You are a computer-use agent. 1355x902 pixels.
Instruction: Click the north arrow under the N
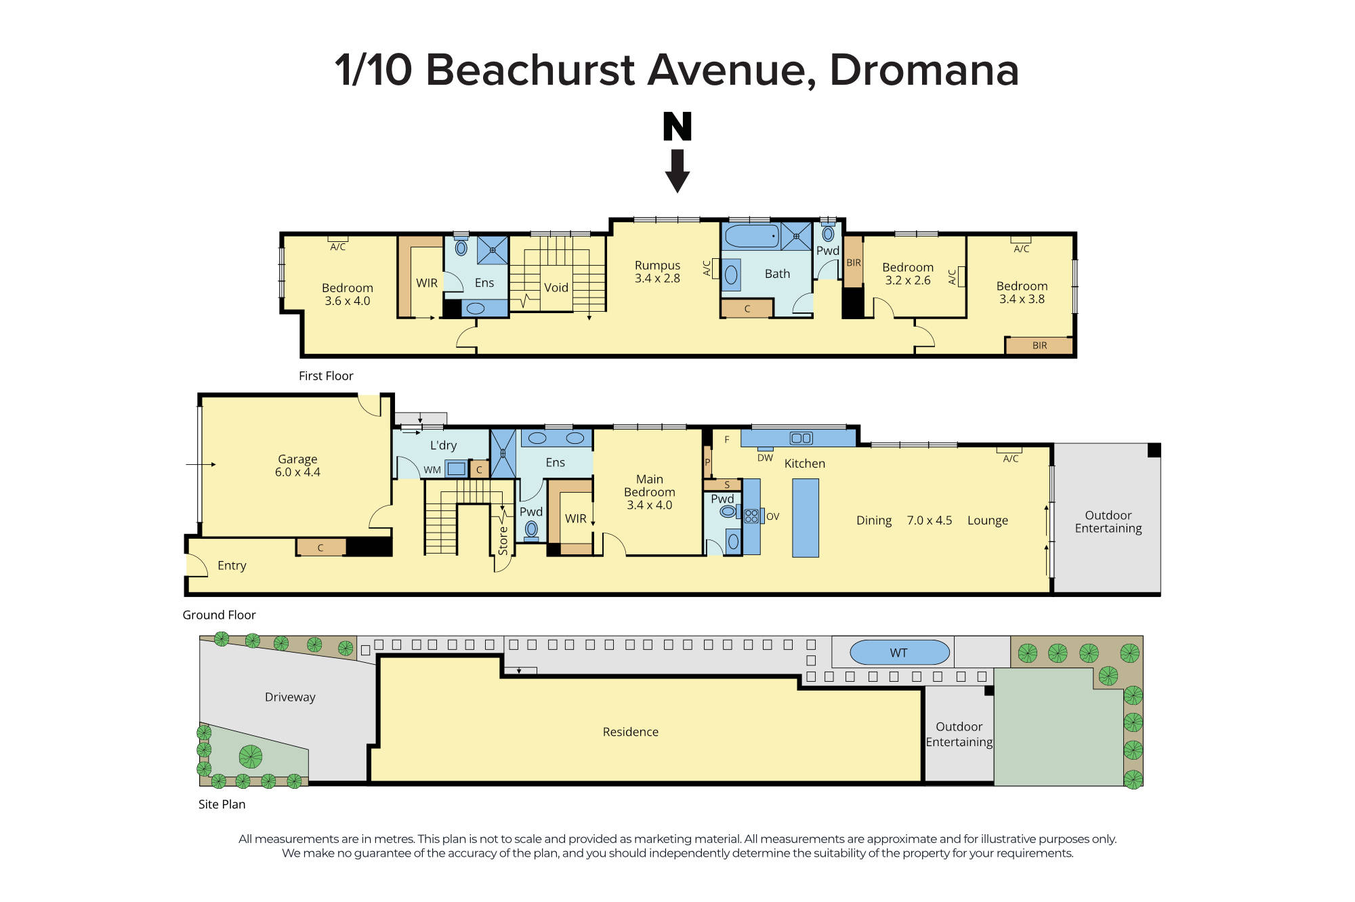coord(677,171)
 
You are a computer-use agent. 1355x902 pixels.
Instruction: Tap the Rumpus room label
coord(657,272)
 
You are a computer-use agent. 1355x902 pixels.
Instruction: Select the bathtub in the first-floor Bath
coord(751,237)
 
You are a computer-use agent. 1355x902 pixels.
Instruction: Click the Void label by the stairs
coord(556,287)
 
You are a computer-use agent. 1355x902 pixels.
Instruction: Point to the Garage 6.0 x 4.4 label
coord(297,466)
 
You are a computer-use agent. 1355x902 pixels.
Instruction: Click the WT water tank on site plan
coord(899,653)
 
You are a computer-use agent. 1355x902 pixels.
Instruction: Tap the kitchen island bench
coord(805,518)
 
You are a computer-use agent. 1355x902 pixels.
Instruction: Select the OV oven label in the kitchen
coord(772,516)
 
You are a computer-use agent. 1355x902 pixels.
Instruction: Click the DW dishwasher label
coord(765,458)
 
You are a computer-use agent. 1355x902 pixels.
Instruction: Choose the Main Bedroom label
coord(649,491)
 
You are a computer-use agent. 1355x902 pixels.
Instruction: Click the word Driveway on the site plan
coord(290,697)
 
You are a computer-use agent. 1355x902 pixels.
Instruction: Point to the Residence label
coord(630,732)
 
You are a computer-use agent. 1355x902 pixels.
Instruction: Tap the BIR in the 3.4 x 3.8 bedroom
coord(1039,346)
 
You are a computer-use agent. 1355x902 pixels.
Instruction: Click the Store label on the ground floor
coord(503,541)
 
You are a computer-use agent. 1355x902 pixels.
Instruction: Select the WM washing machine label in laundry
coord(432,470)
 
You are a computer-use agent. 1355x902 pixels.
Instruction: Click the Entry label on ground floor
coord(232,565)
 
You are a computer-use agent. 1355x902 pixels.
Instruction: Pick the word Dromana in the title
coord(924,70)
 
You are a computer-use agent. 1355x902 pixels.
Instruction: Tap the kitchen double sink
coord(801,438)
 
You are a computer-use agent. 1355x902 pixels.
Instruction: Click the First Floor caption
coord(326,375)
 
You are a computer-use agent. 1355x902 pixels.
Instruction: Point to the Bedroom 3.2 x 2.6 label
coord(907,274)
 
